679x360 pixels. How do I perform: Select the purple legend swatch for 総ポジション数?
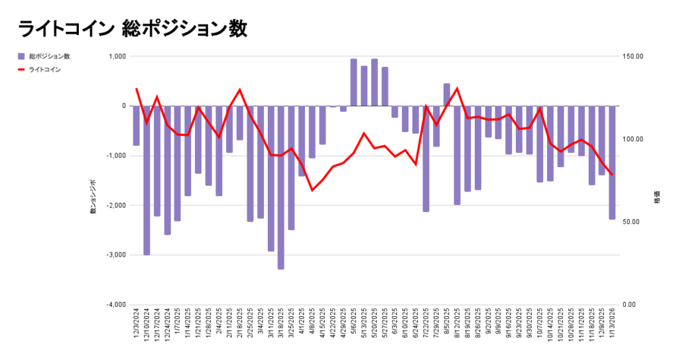[x=22, y=56]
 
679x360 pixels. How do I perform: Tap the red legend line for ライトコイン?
[x=22, y=69]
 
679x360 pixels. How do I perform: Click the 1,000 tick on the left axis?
[x=117, y=56]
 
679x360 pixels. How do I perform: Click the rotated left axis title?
[x=93, y=196]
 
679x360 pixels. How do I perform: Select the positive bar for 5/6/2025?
[x=353, y=82]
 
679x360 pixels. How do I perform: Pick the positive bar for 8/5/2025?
[x=447, y=95]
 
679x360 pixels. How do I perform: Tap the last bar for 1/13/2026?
[x=612, y=162]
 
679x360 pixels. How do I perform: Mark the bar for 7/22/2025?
[x=426, y=158]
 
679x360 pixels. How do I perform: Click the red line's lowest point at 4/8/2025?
[x=312, y=190]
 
